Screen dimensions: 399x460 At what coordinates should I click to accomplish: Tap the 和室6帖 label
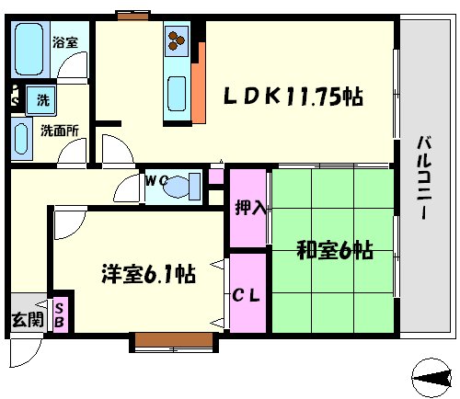coord(333,250)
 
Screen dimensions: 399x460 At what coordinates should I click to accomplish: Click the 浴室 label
coord(63,42)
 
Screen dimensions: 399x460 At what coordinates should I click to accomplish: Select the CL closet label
coord(246,296)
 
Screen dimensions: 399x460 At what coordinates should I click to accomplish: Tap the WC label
coord(155,181)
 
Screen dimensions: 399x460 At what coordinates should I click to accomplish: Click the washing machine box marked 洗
coord(41,98)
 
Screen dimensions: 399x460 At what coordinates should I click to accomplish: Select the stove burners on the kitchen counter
coord(177,41)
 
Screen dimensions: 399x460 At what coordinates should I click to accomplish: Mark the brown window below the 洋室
coord(174,342)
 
